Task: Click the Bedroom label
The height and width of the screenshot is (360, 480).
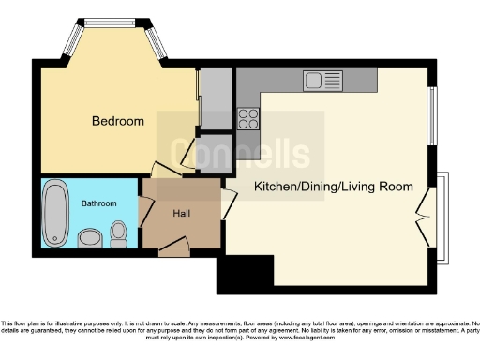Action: pyautogui.click(x=117, y=121)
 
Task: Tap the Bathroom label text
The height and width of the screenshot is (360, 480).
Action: pyautogui.click(x=98, y=202)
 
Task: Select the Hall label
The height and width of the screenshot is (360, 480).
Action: pyautogui.click(x=182, y=214)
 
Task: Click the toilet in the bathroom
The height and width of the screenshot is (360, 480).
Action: pyautogui.click(x=119, y=232)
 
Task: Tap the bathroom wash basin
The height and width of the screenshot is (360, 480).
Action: pyautogui.click(x=90, y=239)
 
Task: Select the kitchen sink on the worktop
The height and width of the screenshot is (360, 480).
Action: pyautogui.click(x=324, y=82)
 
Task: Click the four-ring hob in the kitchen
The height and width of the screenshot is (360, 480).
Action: pyautogui.click(x=248, y=118)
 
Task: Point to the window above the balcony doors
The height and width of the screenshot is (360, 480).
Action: pyautogui.click(x=432, y=117)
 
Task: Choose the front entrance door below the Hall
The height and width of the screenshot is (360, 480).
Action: pyautogui.click(x=174, y=248)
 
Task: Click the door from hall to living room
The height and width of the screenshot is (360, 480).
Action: pyautogui.click(x=228, y=203)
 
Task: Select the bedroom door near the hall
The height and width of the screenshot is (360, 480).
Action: pyautogui.click(x=164, y=170)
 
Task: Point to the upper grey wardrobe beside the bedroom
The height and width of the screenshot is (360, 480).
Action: pyautogui.click(x=215, y=98)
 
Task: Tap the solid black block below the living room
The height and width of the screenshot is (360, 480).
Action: pyautogui.click(x=245, y=274)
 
